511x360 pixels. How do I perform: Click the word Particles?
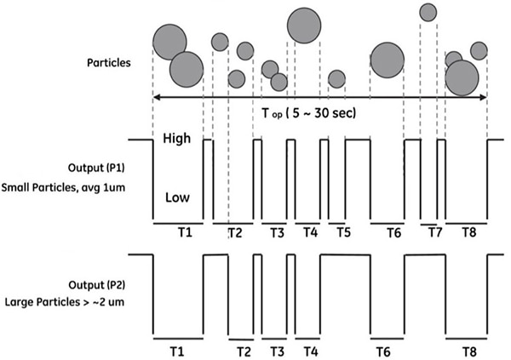(x=108, y=62)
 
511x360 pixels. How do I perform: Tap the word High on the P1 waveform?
(x=176, y=139)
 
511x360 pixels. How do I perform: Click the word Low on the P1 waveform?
(x=177, y=197)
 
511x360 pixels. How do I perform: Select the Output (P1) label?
(x=96, y=168)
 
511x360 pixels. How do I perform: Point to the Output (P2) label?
(x=97, y=285)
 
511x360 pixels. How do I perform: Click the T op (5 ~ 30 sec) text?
(x=309, y=113)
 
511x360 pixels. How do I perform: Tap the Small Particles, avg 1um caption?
(x=63, y=187)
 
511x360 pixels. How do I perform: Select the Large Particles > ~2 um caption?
(x=65, y=302)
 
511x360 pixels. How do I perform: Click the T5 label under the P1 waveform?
(x=343, y=232)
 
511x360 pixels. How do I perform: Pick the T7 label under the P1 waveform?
(x=434, y=232)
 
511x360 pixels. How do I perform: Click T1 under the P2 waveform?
(x=177, y=351)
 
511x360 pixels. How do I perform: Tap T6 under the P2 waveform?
(x=383, y=351)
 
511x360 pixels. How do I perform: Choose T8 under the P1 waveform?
(x=469, y=232)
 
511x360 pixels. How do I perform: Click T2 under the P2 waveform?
(x=244, y=351)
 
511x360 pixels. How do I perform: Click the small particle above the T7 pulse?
(x=428, y=13)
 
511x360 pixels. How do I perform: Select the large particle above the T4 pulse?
(x=304, y=26)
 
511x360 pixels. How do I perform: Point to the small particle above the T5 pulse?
(x=336, y=79)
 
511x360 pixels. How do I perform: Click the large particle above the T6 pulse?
(x=388, y=60)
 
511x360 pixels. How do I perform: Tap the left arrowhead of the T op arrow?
(x=157, y=97)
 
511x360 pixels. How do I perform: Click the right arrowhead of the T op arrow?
(x=483, y=97)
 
